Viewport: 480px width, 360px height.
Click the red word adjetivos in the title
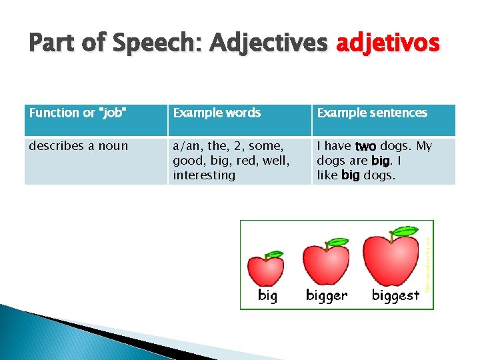click(388, 43)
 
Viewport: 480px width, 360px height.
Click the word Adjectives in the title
click(268, 43)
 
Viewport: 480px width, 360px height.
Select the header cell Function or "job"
click(78, 113)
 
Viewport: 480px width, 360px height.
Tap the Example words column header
click(217, 113)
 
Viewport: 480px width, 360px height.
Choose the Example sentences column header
click(372, 113)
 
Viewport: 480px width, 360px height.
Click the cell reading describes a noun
click(78, 146)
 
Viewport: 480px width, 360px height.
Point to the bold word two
click(366, 146)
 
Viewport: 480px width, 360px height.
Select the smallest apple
click(265, 270)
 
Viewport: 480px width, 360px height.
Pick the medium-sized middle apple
click(326, 264)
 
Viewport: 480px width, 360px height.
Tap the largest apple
click(393, 259)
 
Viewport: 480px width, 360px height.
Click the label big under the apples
click(267, 295)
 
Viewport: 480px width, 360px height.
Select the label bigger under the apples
click(327, 295)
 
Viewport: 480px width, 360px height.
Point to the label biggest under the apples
click(395, 295)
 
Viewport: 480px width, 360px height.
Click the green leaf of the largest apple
click(404, 231)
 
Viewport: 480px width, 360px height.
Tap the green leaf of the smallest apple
click(274, 254)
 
